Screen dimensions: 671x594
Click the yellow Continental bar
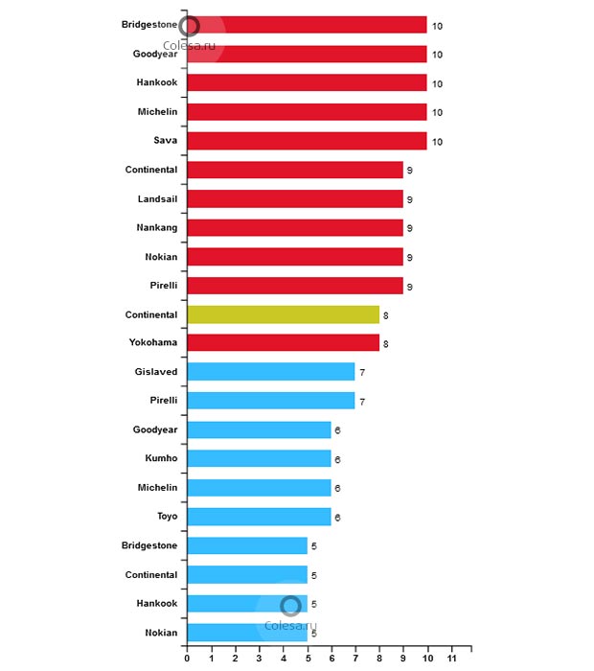coord(283,314)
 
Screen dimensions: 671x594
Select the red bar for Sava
coord(307,141)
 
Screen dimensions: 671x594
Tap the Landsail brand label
coord(157,198)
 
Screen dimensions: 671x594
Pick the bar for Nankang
coord(295,228)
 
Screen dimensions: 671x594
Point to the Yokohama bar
coord(283,343)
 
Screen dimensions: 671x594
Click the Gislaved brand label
coord(156,372)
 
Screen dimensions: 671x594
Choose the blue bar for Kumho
coord(259,459)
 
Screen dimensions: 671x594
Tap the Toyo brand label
coord(167,517)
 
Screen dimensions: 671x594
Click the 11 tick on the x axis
coord(452,659)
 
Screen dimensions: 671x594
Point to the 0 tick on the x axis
coord(187,659)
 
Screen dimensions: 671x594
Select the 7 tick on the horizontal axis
coord(355,659)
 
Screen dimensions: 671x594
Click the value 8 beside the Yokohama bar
coord(386,343)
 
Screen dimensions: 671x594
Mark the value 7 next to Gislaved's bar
coord(362,372)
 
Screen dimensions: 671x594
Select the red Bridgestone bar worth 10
coord(307,25)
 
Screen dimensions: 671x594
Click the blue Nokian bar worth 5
coord(247,633)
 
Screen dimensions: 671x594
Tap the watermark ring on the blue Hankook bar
coord(291,606)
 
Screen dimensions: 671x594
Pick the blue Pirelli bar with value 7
coord(271,401)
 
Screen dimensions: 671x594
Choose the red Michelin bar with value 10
coord(307,112)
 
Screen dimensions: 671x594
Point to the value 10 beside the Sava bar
coord(436,142)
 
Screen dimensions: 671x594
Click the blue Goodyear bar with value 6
coord(259,430)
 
